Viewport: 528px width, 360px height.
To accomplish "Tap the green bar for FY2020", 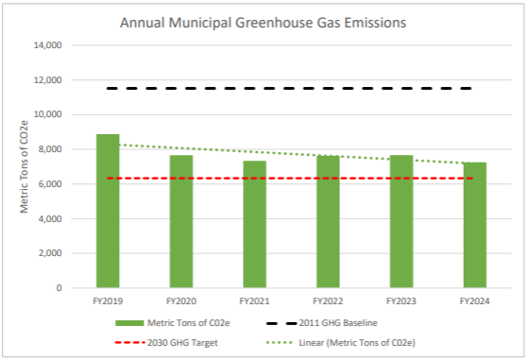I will coord(181,221).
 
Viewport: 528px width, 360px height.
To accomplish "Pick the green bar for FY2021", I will coord(255,224).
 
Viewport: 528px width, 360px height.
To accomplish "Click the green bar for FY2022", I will coord(328,221).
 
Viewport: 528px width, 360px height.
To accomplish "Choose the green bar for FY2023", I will coord(401,221).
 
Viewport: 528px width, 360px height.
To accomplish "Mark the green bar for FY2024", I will coord(475,225).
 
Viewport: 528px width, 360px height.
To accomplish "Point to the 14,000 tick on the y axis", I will coord(46,45).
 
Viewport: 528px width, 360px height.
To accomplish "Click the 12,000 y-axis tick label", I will coord(46,80).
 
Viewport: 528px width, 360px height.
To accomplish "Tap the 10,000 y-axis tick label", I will coord(46,114).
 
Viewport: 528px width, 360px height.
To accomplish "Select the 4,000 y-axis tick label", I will coord(49,218).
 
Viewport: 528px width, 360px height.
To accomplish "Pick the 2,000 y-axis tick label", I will coord(49,253).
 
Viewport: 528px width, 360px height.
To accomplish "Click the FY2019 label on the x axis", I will coord(108,300).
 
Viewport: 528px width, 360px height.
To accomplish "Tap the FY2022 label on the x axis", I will coord(328,300).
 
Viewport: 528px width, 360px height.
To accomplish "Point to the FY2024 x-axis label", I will coord(475,300).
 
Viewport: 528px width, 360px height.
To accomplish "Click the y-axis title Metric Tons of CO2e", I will coord(25,167).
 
